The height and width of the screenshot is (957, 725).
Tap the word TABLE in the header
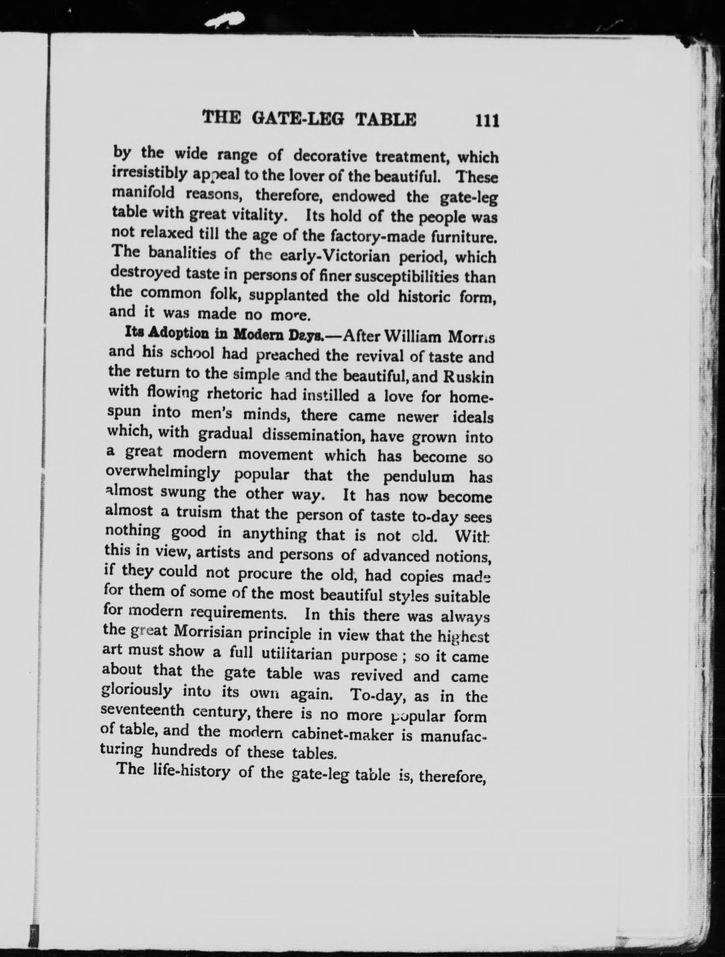[386, 119]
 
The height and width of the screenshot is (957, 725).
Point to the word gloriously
[137, 691]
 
